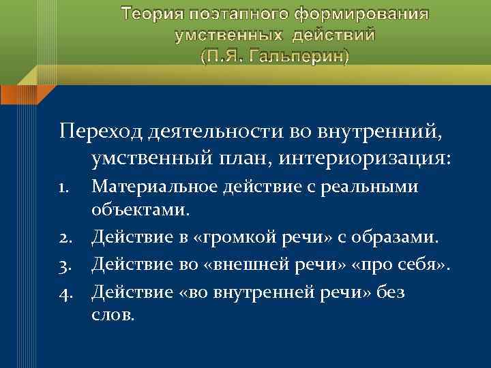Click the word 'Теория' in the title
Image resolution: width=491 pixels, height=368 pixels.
click(x=151, y=14)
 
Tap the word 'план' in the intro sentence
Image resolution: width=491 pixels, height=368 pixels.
click(x=245, y=159)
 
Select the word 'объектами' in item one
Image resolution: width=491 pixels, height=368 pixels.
click(x=138, y=212)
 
